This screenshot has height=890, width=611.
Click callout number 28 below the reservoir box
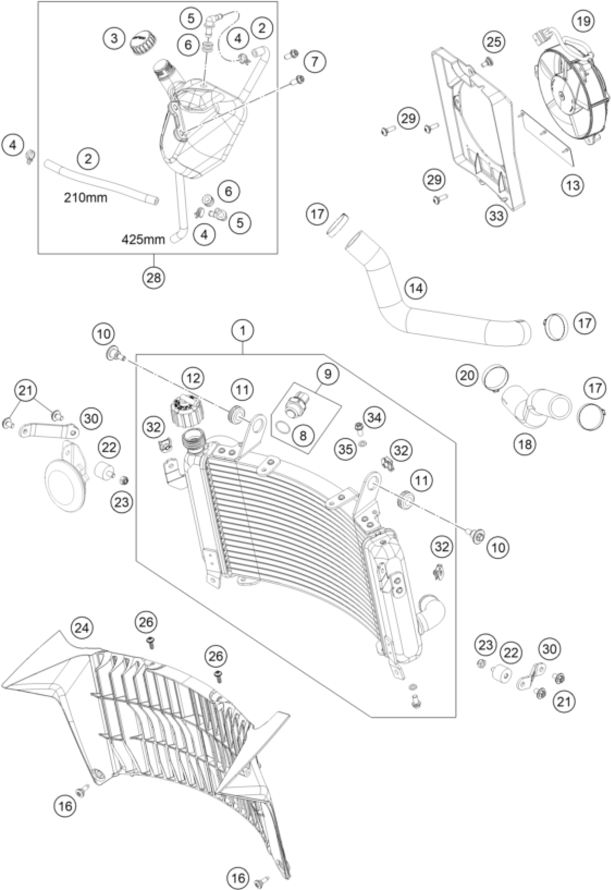point(154,277)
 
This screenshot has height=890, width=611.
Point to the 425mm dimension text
point(143,240)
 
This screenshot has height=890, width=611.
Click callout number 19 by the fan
point(584,21)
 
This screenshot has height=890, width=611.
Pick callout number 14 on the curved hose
point(416,288)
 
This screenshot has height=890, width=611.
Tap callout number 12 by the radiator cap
point(193,379)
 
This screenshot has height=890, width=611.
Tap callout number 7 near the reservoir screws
point(314,61)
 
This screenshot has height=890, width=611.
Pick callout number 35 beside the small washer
point(345,448)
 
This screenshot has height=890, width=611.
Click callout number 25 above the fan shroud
point(494,42)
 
